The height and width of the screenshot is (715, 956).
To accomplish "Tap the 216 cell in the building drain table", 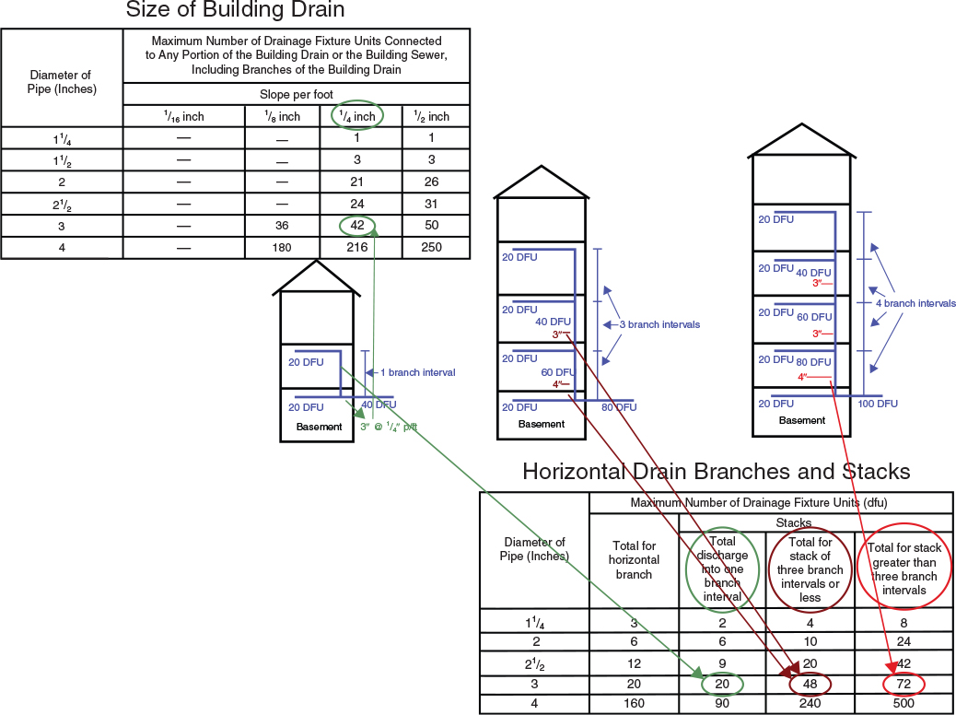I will [x=360, y=247].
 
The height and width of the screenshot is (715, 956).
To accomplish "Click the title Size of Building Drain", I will [x=235, y=12].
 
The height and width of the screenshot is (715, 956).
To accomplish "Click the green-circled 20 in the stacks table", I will [x=722, y=685].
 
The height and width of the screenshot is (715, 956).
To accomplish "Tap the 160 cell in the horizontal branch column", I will [x=634, y=705].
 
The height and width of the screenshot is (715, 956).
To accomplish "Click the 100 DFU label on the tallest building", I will [x=878, y=404].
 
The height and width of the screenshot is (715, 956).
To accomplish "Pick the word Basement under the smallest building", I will [x=319, y=427].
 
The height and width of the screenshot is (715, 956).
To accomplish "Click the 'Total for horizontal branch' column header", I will [x=634, y=560].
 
